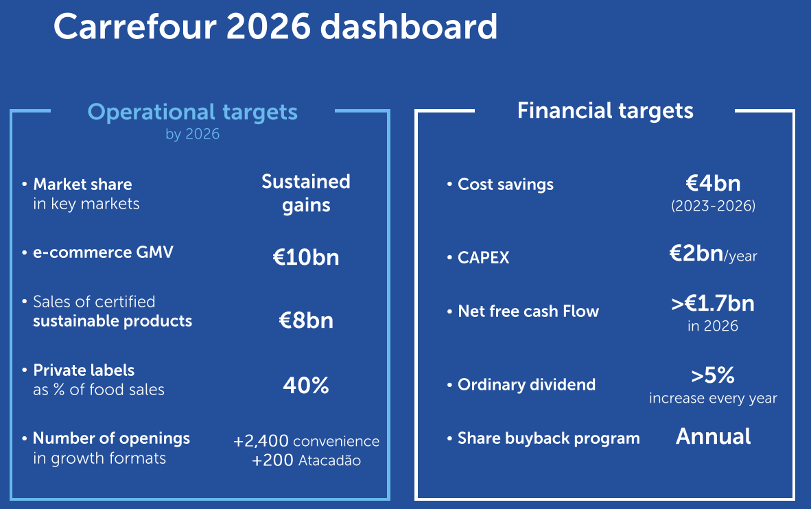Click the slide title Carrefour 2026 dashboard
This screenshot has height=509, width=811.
coord(275,27)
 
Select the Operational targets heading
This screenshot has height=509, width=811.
coord(193,112)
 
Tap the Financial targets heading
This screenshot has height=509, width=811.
coord(605,110)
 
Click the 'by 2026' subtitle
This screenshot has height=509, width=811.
coord(193,134)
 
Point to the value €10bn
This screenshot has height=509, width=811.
coord(306,257)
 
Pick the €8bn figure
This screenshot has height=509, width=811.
coord(306,320)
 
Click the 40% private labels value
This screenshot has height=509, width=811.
coord(306,385)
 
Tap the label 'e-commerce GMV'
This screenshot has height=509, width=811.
coord(103,252)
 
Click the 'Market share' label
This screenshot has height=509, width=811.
coord(82,184)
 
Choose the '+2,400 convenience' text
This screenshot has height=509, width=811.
coord(306,441)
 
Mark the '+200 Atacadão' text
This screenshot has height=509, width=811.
coord(306,460)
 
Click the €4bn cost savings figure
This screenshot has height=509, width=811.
coord(713,183)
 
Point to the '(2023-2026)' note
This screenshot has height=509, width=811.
coord(713,206)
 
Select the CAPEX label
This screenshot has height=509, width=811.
coord(484,257)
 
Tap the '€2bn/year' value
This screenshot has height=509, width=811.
coord(713,254)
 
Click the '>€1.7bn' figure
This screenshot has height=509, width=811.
coord(713,303)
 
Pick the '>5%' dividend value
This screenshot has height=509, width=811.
coord(713,375)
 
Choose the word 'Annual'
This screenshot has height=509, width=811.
coord(713,436)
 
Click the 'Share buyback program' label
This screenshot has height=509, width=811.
coord(548,438)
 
